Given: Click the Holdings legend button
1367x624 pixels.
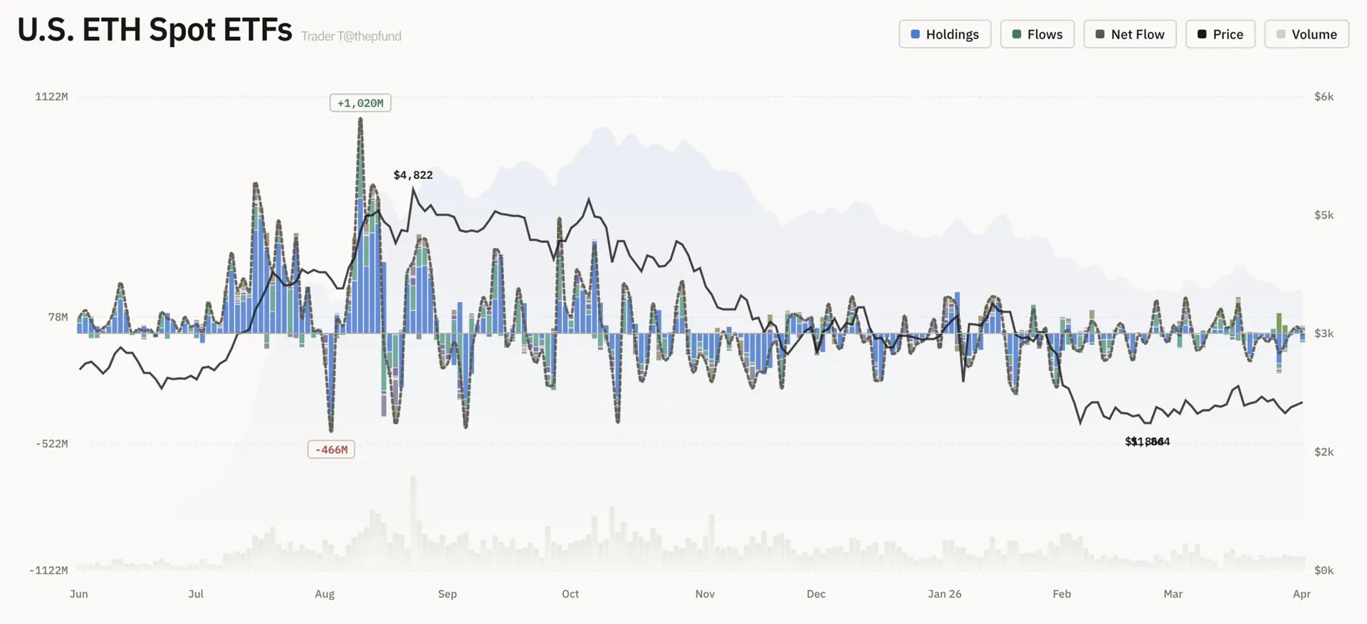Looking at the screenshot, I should pyautogui.click(x=945, y=34).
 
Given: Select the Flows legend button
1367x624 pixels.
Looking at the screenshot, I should pyautogui.click(x=1037, y=34).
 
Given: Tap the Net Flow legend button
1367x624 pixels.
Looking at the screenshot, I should pyautogui.click(x=1129, y=34).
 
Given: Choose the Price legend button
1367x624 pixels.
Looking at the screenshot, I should pyautogui.click(x=1220, y=34).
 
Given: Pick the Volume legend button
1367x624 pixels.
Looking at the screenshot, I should pyautogui.click(x=1306, y=34).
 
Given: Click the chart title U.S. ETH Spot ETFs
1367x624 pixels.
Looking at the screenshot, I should pyautogui.click(x=154, y=31).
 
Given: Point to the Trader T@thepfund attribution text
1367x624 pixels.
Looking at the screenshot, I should pyautogui.click(x=351, y=36).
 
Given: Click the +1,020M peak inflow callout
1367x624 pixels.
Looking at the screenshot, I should pyautogui.click(x=360, y=103).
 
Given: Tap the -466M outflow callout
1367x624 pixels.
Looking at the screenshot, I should pyautogui.click(x=331, y=449).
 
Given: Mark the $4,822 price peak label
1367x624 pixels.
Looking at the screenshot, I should pyautogui.click(x=413, y=175).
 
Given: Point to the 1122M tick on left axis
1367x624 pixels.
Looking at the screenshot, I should pyautogui.click(x=51, y=97).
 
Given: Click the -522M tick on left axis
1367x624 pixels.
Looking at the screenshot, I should pyautogui.click(x=51, y=444).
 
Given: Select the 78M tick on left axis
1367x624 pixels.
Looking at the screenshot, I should pyautogui.click(x=58, y=317).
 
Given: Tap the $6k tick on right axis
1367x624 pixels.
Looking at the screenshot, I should pyautogui.click(x=1324, y=97).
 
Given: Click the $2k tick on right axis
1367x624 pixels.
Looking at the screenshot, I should pyautogui.click(x=1324, y=452).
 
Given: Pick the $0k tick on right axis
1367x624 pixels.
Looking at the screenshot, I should pyautogui.click(x=1324, y=570).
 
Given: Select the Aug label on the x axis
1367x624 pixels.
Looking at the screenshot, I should pyautogui.click(x=325, y=594).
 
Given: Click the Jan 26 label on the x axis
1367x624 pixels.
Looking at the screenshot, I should pyautogui.click(x=944, y=594).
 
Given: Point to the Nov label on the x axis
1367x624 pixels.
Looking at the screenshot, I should pyautogui.click(x=705, y=594).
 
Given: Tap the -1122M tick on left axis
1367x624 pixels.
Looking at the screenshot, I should pyautogui.click(x=48, y=570).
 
